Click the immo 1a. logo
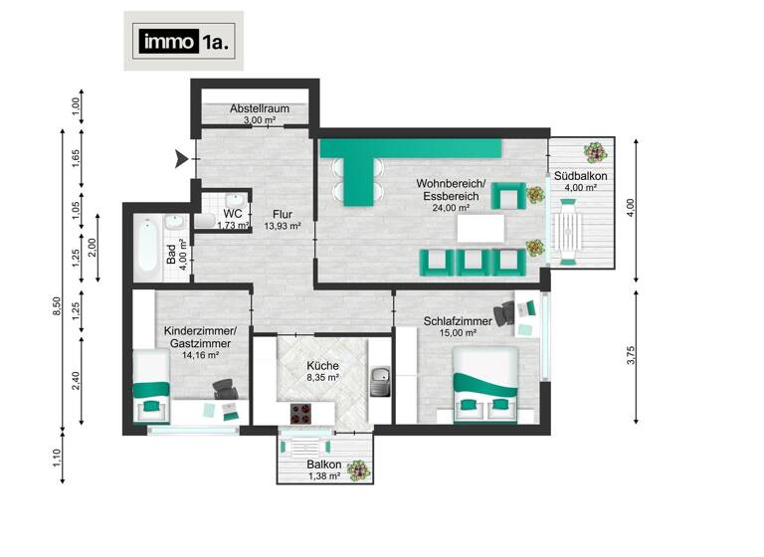point(183,42)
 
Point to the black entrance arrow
point(181,158)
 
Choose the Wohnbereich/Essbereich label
point(450,190)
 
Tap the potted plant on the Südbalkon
point(594,153)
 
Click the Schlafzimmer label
point(457,321)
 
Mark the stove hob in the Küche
point(303,412)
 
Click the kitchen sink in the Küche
point(379,378)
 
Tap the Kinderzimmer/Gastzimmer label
point(200,336)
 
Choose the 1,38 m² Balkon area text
point(323,477)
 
